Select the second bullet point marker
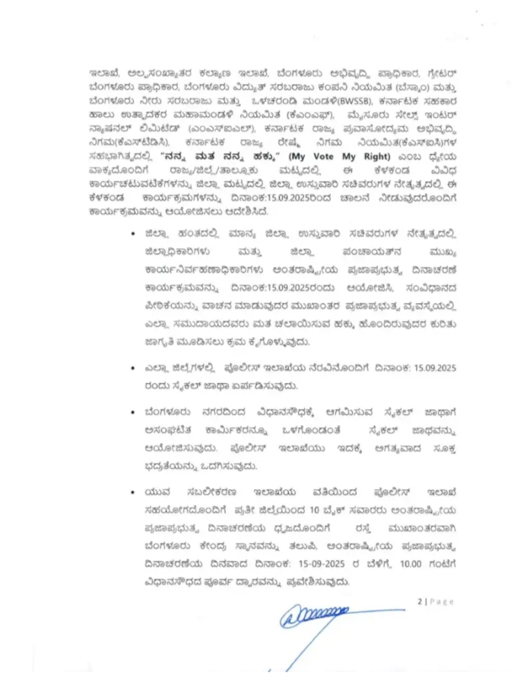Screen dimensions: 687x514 134,368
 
